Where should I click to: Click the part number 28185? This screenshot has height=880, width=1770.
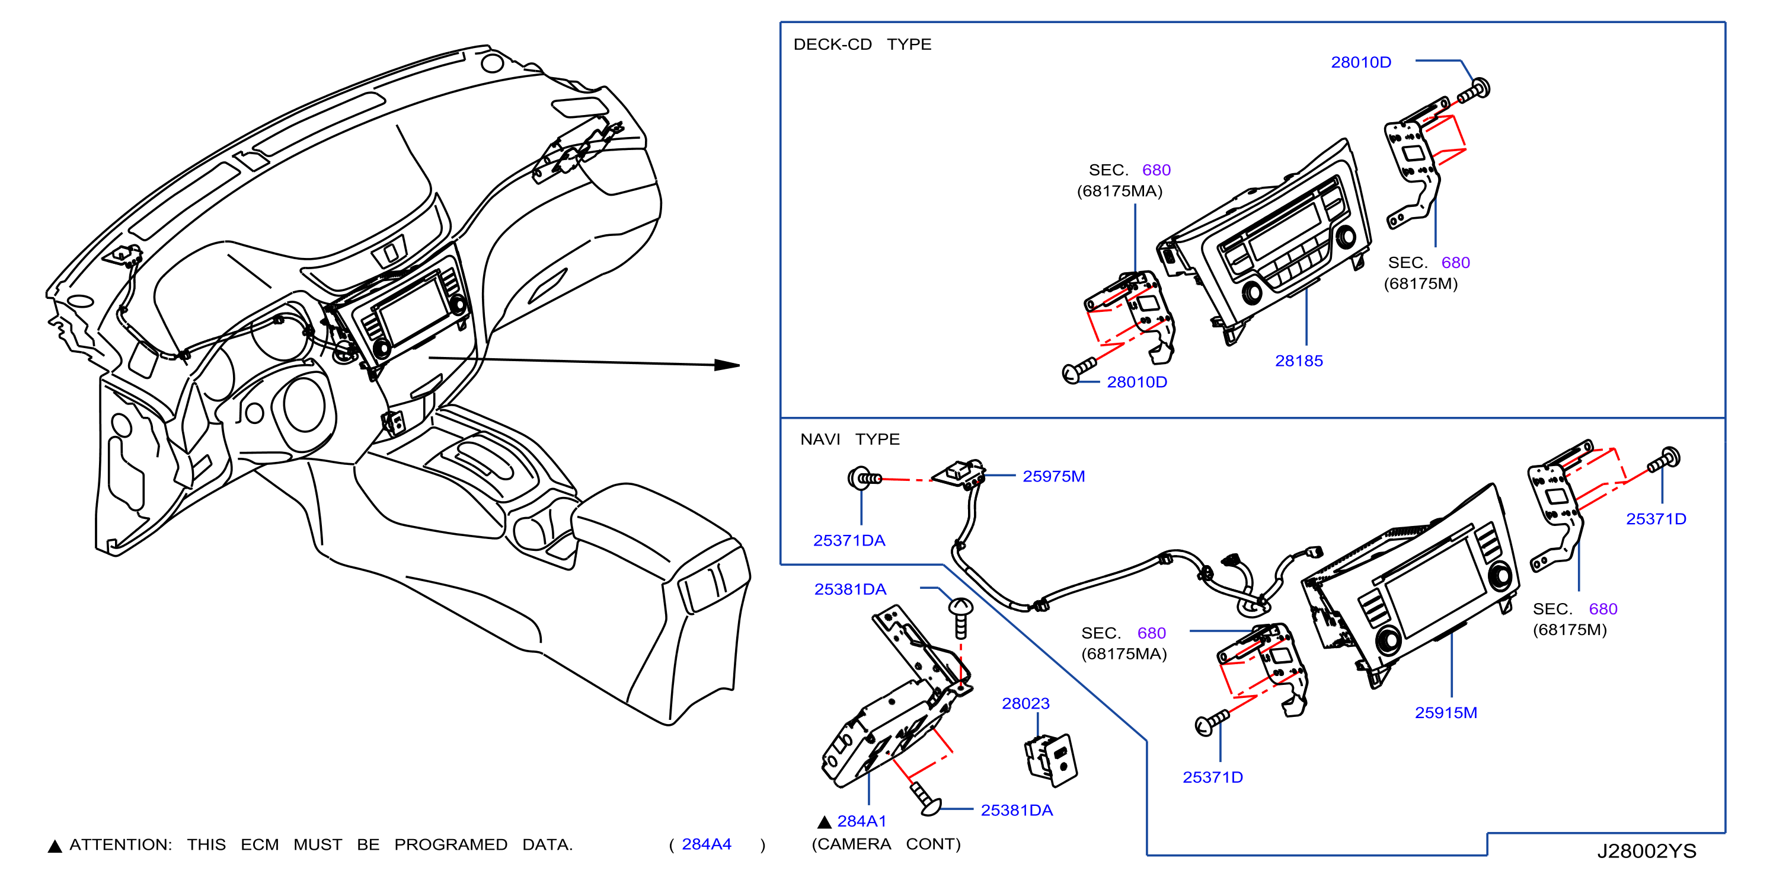click(x=1299, y=361)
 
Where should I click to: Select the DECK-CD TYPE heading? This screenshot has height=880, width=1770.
click(x=862, y=44)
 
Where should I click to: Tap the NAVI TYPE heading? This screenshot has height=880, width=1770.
click(x=850, y=439)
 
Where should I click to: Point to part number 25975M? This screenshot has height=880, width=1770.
click(x=1053, y=476)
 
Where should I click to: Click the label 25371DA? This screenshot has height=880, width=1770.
click(x=849, y=540)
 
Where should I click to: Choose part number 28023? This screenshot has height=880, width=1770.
click(x=1025, y=703)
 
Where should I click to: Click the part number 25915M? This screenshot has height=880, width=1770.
click(x=1446, y=713)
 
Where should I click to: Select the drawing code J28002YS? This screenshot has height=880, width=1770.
click(x=1646, y=851)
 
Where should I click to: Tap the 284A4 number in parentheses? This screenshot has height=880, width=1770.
click(x=707, y=844)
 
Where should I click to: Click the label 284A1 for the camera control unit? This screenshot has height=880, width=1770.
click(x=862, y=821)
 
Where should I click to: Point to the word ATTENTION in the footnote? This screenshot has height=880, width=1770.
click(x=120, y=845)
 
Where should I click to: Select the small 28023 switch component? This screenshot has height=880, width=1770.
click(x=1050, y=760)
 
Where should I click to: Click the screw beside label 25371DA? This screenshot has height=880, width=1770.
click(x=864, y=478)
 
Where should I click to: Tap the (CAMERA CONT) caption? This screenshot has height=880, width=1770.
click(x=886, y=844)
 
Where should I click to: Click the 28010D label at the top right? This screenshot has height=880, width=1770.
click(x=1361, y=63)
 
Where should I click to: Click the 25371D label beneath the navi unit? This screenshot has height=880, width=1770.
click(x=1213, y=777)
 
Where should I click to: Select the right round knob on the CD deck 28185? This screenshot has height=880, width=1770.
click(x=1346, y=237)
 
